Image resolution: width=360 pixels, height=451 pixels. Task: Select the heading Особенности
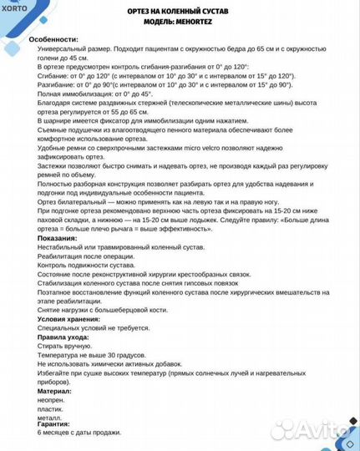53,40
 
